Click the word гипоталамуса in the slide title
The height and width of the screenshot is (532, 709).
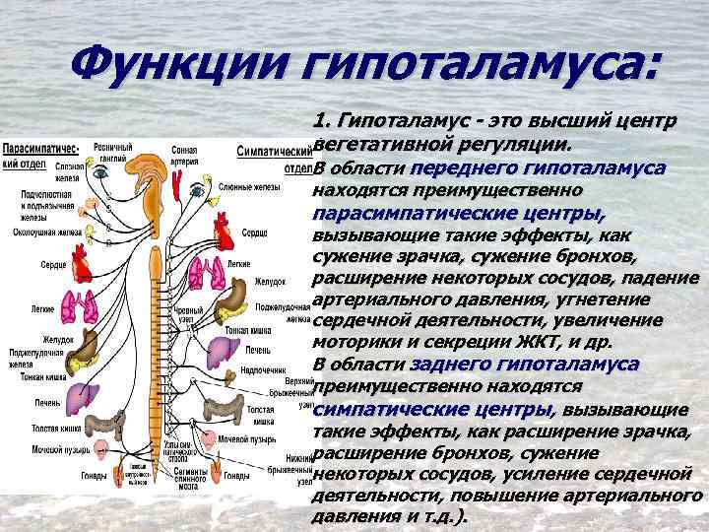469,66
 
